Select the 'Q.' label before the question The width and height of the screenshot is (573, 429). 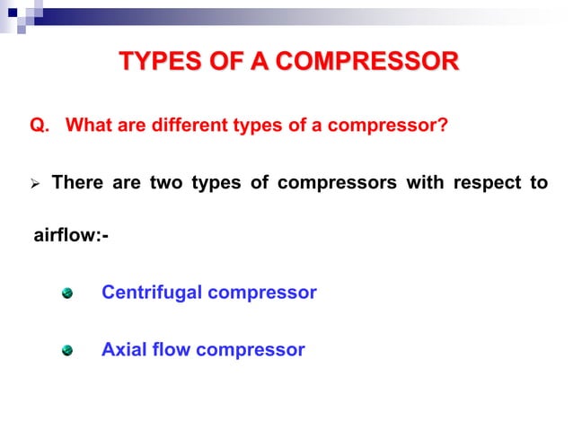pyautogui.click(x=40, y=125)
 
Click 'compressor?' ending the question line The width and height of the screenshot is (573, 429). pyautogui.click(x=387, y=125)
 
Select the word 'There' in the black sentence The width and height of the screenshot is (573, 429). pyautogui.click(x=78, y=183)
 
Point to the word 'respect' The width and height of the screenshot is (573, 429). pyautogui.click(x=484, y=183)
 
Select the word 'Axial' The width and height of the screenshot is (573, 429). pyautogui.click(x=126, y=349)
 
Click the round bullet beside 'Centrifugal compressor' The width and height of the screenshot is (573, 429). pyautogui.click(x=66, y=293)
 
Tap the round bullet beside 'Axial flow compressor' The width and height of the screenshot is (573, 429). pyautogui.click(x=66, y=350)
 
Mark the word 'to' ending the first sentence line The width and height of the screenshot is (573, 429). pyautogui.click(x=538, y=183)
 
